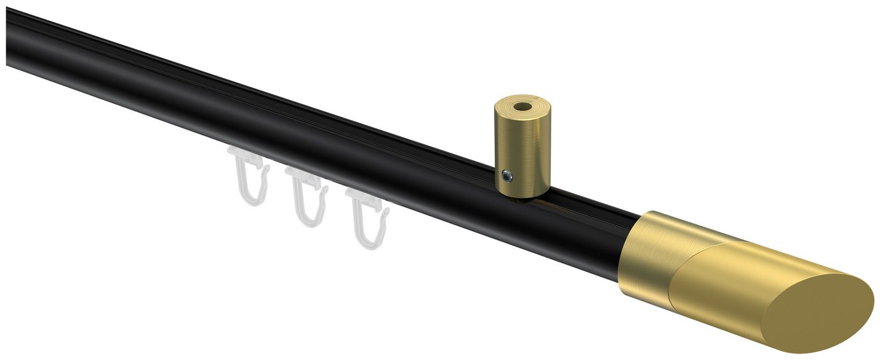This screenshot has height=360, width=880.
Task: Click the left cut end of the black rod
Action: click(x=9, y=38)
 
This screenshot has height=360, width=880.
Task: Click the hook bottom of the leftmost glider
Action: click(x=251, y=200)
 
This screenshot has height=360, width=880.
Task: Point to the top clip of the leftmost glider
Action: click(x=243, y=155)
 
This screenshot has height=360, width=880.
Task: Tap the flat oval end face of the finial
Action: click(x=817, y=314)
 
